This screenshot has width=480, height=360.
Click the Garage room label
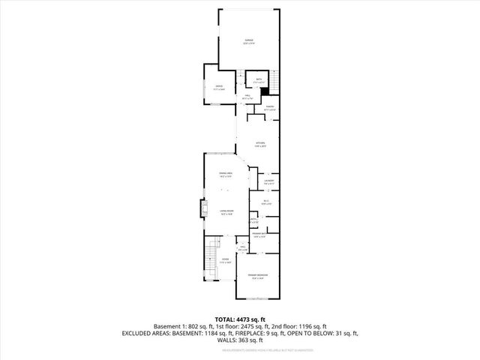[249, 41]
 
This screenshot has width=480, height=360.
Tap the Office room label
[219, 88]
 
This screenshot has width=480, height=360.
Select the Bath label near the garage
[258, 79]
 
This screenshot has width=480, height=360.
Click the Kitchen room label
[260, 144]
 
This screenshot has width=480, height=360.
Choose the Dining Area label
[223, 174]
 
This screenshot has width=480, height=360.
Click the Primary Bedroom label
[259, 277]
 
